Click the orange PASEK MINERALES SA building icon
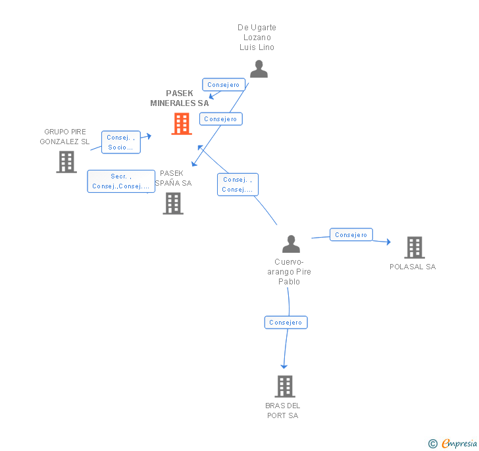point(182,124)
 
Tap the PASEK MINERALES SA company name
point(179,98)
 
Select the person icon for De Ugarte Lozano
point(259,69)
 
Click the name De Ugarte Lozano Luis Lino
point(257,38)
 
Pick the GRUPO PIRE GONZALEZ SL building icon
point(66,162)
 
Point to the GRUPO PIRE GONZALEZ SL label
point(64,137)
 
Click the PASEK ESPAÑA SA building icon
point(173,203)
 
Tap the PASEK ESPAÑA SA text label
point(172,178)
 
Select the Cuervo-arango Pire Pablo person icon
point(291,244)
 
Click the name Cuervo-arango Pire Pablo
point(289,272)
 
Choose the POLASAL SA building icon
point(414,248)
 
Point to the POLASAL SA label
point(413,267)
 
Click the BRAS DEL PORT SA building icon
point(284,386)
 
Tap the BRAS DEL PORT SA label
point(283,410)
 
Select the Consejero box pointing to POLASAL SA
point(351,235)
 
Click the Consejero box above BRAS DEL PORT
point(286,323)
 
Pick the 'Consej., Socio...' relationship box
point(121,142)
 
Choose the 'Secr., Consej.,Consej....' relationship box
point(121,181)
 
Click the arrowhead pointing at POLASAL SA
point(388,242)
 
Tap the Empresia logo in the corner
point(453,444)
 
